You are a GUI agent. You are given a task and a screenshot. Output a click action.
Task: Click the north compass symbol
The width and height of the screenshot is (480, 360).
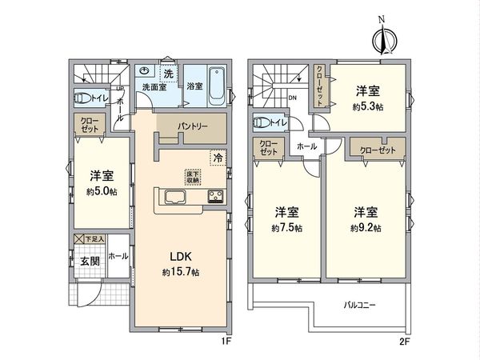pos(382,38)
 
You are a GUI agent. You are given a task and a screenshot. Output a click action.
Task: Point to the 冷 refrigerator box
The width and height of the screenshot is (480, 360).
pos(217,158)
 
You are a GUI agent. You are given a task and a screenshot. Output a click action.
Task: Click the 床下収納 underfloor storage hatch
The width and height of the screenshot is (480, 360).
pos(194,177)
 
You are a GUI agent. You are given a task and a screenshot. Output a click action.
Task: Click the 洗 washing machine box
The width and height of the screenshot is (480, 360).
pos(168,73)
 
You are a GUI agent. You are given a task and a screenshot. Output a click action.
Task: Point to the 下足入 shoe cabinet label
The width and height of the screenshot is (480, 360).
pos(94,239)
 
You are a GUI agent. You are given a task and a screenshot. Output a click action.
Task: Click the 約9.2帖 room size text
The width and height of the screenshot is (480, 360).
pos(365,228)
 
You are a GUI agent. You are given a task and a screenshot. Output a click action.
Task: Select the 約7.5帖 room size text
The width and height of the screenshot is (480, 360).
pos(286,228)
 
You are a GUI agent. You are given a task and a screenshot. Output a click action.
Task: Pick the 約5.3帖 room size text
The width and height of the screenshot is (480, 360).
pos(368,105)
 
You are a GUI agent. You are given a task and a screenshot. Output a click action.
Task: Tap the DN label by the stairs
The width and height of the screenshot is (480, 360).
pos(292,98)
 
